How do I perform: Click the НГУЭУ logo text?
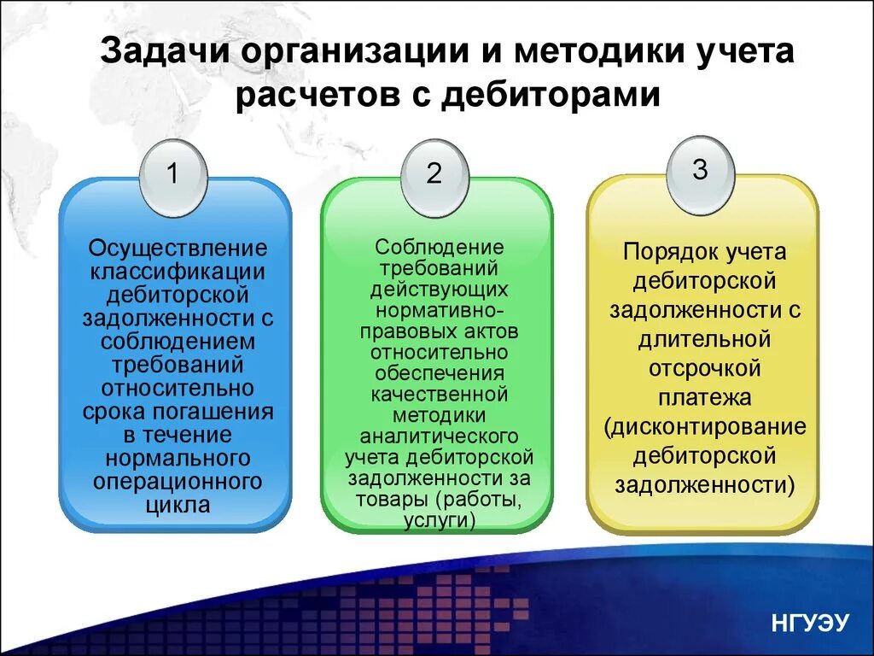coord(810,623)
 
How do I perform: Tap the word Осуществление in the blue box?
coord(178,249)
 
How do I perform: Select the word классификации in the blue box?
coord(178,272)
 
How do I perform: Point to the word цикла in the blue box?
coord(178,505)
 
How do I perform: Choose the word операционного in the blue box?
coord(178,482)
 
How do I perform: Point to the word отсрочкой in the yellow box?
coord(703,369)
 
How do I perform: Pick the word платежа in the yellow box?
coord(703,398)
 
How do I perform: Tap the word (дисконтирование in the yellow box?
coord(703,427)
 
